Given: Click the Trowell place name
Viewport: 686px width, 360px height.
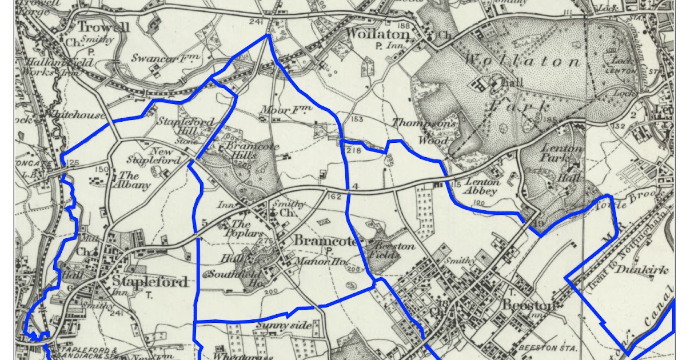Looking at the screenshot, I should [x=103, y=27].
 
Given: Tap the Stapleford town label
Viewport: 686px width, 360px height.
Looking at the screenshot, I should [x=150, y=282].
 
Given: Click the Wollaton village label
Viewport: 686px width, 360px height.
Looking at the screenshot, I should [x=378, y=34].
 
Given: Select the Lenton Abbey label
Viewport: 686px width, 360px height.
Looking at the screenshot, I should [x=482, y=187].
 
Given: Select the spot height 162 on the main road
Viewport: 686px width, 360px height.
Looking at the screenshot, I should [x=334, y=197].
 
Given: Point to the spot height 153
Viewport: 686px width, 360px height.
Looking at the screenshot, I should [x=357, y=119].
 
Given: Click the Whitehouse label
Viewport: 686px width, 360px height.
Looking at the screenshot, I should [x=77, y=115].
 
